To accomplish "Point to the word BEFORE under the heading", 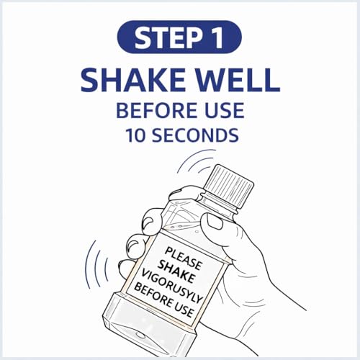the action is (x=159, y=110).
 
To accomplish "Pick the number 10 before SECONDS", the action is (x=135, y=135).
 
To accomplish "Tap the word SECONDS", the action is (x=195, y=135).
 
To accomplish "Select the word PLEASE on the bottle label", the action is (x=184, y=258).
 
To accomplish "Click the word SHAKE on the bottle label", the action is (x=176, y=271).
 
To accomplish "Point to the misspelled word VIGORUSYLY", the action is (x=172, y=286).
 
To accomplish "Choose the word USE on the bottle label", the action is (x=184, y=310).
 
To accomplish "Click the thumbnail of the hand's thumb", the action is (x=215, y=222).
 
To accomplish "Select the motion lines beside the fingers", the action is (x=96, y=265).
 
